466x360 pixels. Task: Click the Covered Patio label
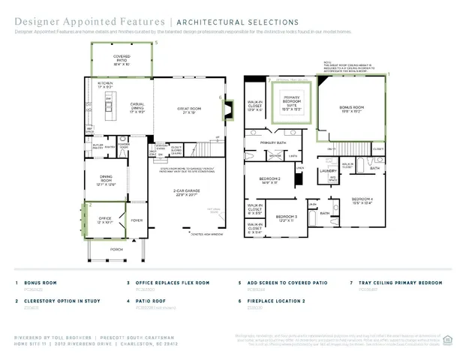[121, 58]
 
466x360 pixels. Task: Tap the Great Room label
[190, 110]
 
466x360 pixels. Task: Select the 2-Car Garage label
[190, 192]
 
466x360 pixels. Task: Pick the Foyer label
[137, 220]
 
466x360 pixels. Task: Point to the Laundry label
[328, 171]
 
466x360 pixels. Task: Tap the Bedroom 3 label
[284, 218]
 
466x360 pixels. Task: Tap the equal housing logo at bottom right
[448, 338]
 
